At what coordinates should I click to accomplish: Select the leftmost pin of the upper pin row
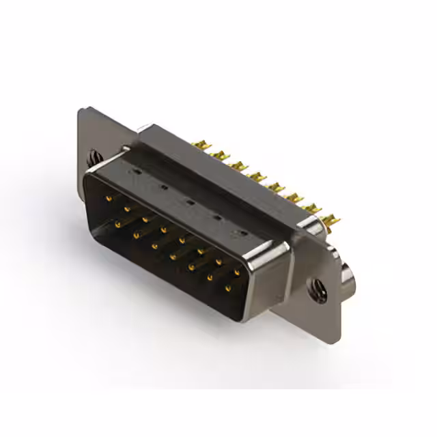point(109,198)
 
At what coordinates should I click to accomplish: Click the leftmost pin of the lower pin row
point(118,223)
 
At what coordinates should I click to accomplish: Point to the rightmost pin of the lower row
point(227,288)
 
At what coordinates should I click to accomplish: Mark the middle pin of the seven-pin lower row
point(173,256)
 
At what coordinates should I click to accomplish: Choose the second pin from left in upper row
point(127,208)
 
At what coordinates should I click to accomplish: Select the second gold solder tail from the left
point(219,155)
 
